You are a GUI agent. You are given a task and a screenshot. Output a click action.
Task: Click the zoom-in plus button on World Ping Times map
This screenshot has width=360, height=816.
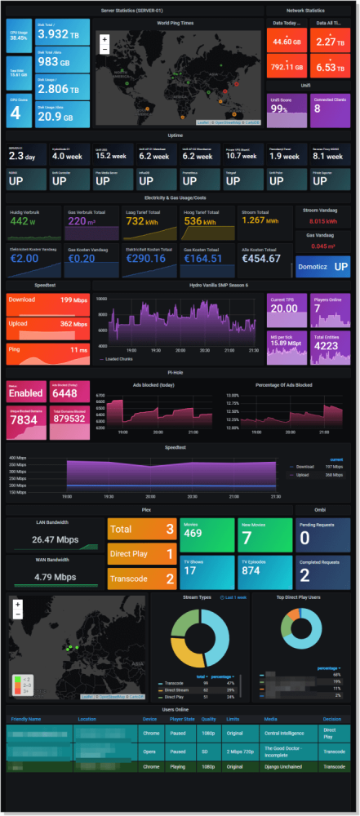104,39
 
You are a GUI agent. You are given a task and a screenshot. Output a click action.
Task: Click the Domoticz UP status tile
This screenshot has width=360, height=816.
323,266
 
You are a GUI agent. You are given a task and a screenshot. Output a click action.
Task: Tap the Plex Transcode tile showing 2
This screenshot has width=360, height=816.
141,578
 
